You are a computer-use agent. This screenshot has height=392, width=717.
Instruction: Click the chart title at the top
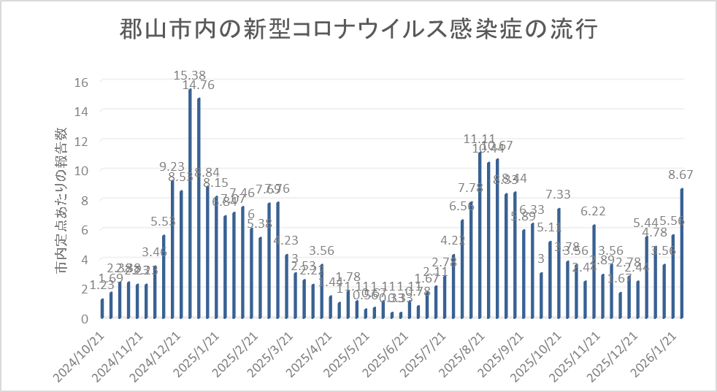[x=358, y=31]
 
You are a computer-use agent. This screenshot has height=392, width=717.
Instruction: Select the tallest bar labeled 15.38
[x=190, y=204]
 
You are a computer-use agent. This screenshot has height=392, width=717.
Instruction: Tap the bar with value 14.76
[x=199, y=209]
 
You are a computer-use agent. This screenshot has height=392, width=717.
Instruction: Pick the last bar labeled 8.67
[x=682, y=253]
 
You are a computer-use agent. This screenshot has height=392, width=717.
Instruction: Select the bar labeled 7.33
[x=559, y=264]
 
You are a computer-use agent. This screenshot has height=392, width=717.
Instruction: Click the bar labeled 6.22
[x=594, y=272]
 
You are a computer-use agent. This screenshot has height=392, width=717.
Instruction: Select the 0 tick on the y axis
[x=84, y=318]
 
